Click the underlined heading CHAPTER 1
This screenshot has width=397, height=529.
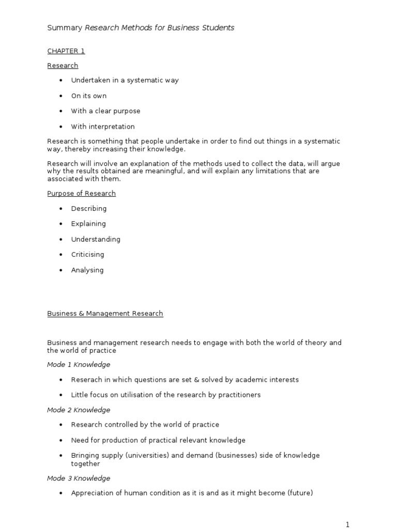66,51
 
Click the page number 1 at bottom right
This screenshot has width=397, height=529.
348,525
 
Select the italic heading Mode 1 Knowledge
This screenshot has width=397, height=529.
79,365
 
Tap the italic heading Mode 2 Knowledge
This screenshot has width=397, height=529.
79,410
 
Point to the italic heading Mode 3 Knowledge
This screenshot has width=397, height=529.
79,478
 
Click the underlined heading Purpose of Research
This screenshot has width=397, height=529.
81,193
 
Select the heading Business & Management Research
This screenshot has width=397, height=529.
105,314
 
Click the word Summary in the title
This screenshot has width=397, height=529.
64,28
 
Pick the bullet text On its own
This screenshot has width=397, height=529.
89,96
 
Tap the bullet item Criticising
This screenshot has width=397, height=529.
87,255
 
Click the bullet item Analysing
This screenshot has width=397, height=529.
87,270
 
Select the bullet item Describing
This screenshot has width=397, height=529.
89,209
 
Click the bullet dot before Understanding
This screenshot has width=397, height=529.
60,240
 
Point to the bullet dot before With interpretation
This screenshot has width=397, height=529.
60,127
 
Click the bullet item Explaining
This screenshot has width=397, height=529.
88,224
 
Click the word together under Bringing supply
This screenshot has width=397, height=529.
85,464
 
